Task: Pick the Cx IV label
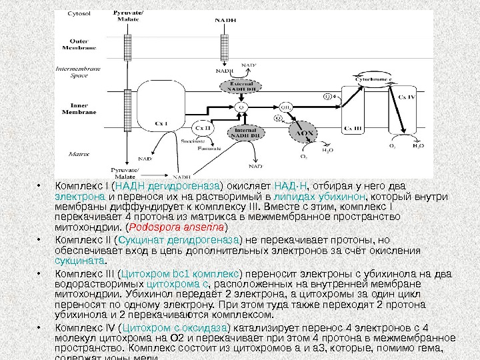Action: pyautogui.click(x=407, y=97)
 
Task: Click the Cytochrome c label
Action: pyautogui.click(x=372, y=79)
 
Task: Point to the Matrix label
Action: pyautogui.click(x=79, y=153)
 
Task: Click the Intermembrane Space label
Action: pyautogui.click(x=79, y=72)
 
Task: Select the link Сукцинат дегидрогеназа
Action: pyautogui.click(x=161, y=239)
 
